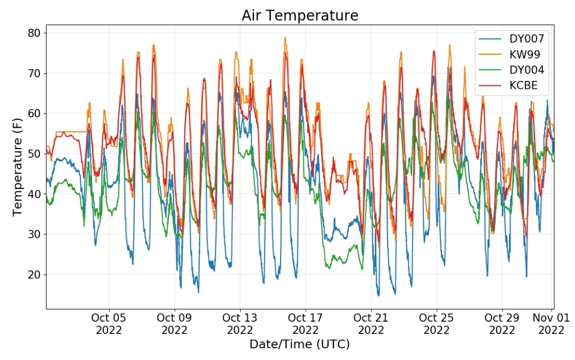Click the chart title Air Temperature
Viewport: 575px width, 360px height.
coord(300,15)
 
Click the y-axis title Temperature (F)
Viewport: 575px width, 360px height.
coord(17,167)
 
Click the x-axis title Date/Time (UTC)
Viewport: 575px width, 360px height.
coord(300,344)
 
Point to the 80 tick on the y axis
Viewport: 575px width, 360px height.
coord(34,33)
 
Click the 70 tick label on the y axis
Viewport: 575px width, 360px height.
coord(34,73)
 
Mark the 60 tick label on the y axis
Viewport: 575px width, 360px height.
coord(34,113)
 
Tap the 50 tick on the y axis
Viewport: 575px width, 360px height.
coord(34,154)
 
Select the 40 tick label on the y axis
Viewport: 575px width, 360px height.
coord(34,194)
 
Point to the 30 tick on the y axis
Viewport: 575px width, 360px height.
coord(34,234)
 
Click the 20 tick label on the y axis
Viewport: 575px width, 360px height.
coord(34,274)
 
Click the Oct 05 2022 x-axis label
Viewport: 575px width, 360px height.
coord(109,324)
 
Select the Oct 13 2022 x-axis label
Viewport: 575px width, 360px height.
coord(240,324)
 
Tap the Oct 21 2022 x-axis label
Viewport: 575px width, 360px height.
coord(371,324)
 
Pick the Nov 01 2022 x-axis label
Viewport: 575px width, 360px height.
coord(551,324)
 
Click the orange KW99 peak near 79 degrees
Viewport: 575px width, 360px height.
coord(285,38)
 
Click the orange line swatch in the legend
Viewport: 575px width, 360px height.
coord(490,54)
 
